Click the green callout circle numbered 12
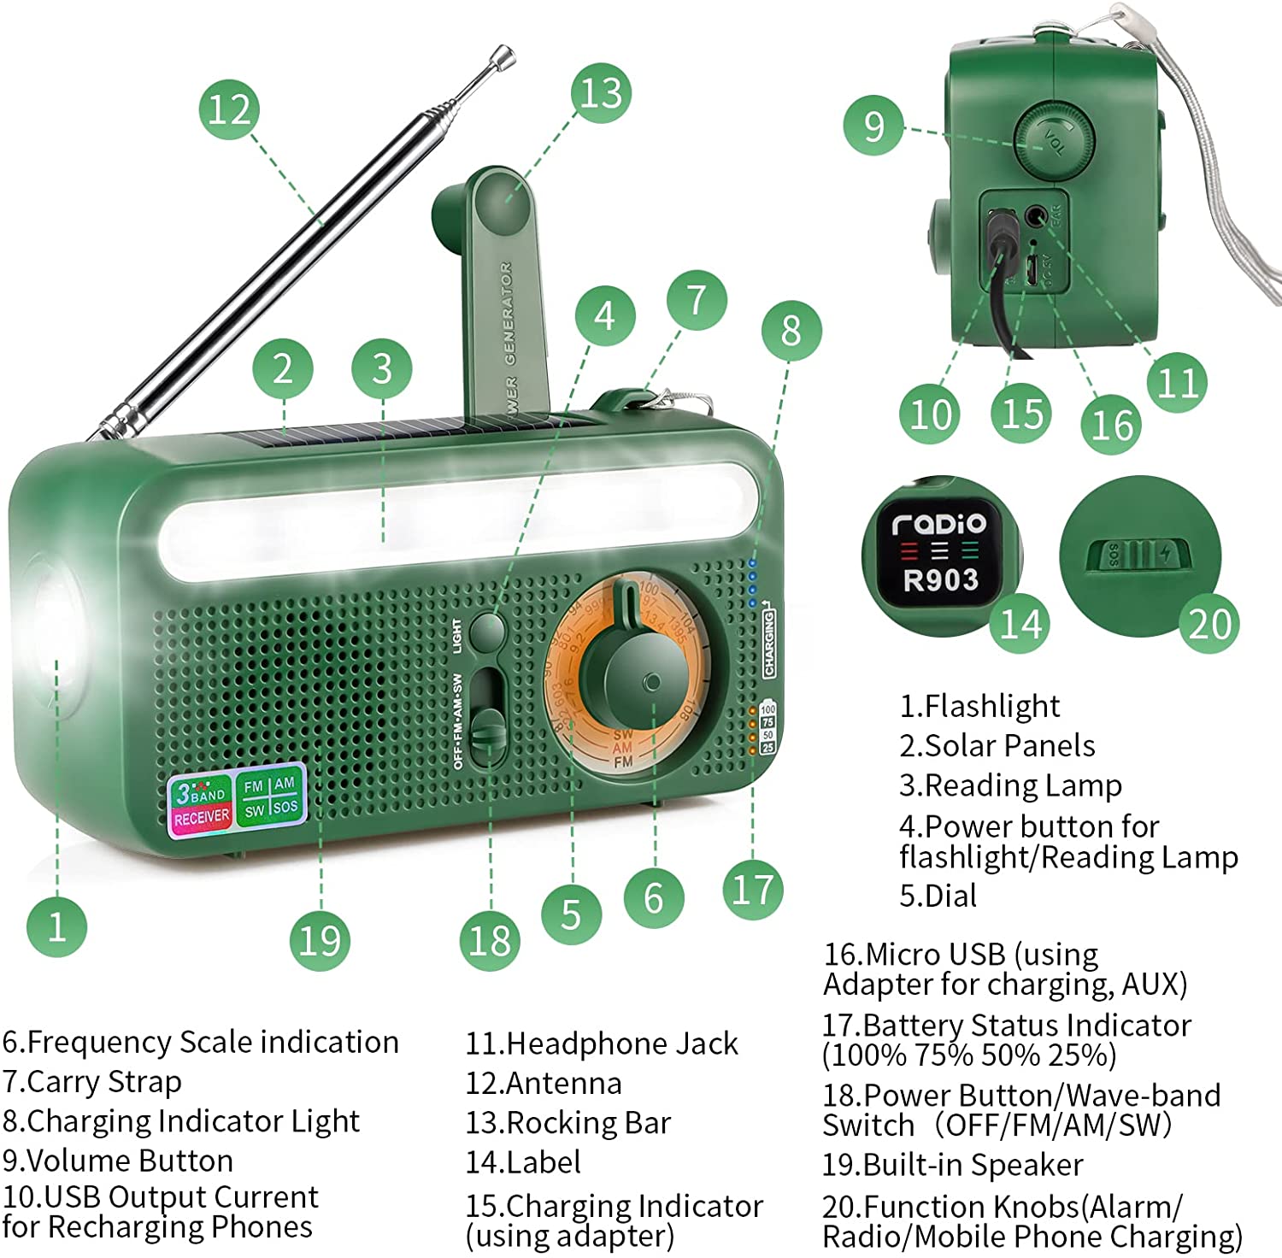pyautogui.click(x=229, y=109)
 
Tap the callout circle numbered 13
pyautogui.click(x=601, y=93)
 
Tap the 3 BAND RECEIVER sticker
pyautogui.click(x=201, y=802)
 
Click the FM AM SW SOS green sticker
pyautogui.click(x=270, y=797)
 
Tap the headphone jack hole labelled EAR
pyautogui.click(x=1037, y=215)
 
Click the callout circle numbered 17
pyautogui.click(x=752, y=889)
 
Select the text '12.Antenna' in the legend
pyautogui.click(x=544, y=1083)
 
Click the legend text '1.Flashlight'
pyautogui.click(x=979, y=706)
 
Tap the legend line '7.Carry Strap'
pyautogui.click(x=92, y=1082)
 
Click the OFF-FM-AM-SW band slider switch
pyautogui.click(x=488, y=726)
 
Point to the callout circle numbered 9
pyautogui.click(x=873, y=126)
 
